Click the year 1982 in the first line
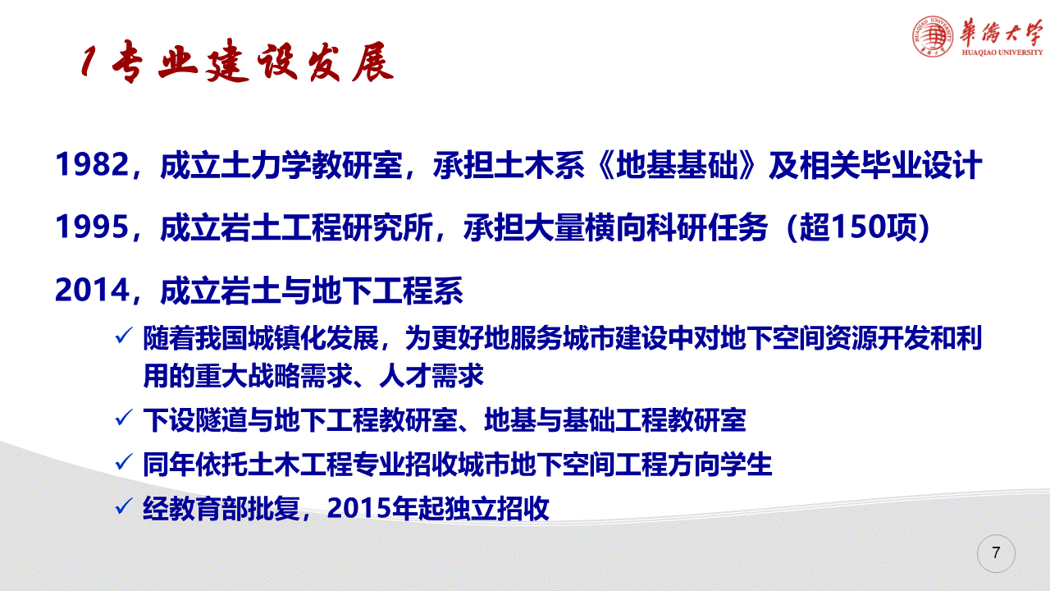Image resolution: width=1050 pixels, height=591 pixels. click(92, 165)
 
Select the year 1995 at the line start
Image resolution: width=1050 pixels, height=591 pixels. click(92, 227)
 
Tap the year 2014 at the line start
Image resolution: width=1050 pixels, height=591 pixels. click(92, 290)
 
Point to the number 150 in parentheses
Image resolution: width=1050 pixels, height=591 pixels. click(861, 227)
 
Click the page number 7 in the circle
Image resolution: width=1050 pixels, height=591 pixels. click(996, 552)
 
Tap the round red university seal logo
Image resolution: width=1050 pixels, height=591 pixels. click(933, 37)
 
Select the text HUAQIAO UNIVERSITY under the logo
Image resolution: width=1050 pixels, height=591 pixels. click(1002, 53)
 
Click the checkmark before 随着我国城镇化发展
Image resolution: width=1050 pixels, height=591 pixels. click(124, 336)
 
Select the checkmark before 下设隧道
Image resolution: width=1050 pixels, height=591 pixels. click(124, 418)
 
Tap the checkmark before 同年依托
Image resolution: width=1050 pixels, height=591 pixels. click(124, 462)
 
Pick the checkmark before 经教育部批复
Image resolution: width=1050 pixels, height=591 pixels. click(124, 506)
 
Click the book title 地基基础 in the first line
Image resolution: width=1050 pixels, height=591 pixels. click(678, 165)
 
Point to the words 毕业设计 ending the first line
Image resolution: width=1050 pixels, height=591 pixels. click(921, 165)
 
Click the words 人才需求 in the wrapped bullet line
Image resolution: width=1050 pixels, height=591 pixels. click(431, 376)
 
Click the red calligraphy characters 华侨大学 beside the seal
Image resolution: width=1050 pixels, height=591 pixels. click(1001, 33)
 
